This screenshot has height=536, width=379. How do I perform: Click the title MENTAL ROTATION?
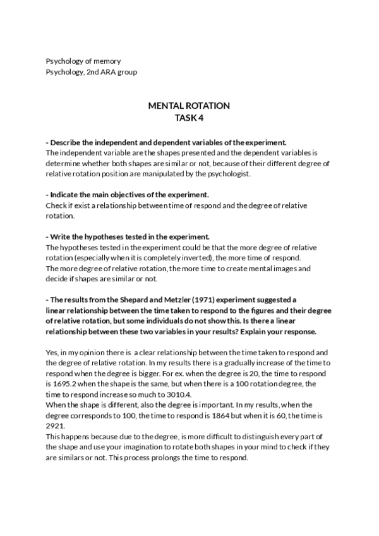click(189, 106)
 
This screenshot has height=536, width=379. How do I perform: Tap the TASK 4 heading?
click(189, 117)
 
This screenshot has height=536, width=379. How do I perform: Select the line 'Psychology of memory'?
click(83, 61)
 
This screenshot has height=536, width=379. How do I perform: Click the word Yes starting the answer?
click(52, 352)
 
